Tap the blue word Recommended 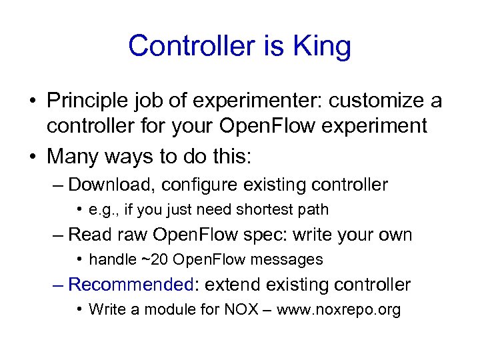click(131, 285)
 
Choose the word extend click(233, 285)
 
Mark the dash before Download click(58, 184)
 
